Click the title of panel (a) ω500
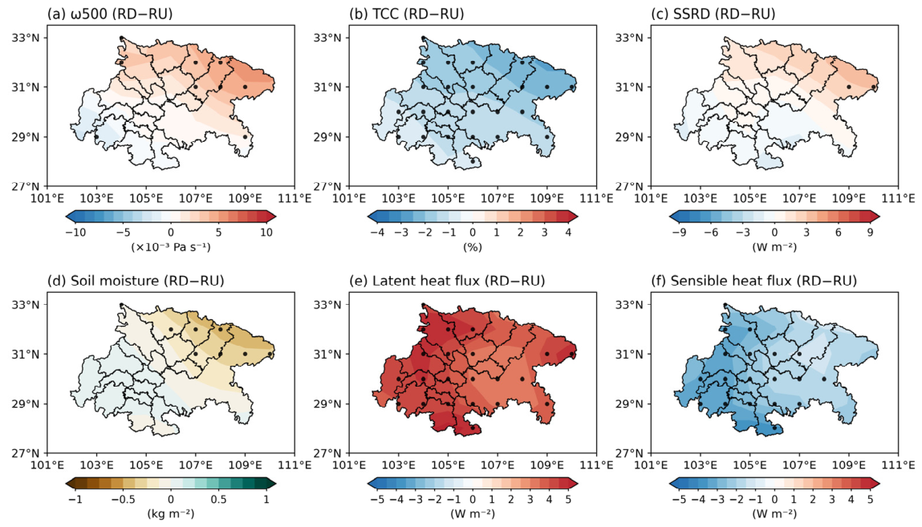point(110,14)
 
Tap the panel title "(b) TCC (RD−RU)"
point(406,14)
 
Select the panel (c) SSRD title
point(713,14)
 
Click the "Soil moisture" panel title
point(136,281)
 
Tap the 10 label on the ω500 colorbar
point(266,232)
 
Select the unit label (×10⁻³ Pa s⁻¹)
point(171,247)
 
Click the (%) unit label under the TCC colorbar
point(473,247)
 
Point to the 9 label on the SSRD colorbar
point(870,232)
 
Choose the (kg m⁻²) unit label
point(171,513)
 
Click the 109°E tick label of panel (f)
point(848,465)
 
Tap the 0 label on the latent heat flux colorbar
point(473,499)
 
